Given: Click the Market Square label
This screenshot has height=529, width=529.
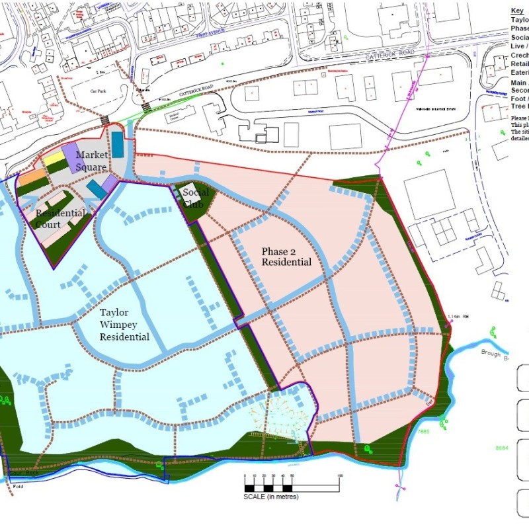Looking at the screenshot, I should [91, 161].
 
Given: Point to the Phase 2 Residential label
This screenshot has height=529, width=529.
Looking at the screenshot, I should [286, 257].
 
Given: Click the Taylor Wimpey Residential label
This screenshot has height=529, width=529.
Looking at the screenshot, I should [124, 323].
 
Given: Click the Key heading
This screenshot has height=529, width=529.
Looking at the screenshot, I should [517, 11].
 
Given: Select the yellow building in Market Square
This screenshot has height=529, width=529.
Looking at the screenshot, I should [54, 159].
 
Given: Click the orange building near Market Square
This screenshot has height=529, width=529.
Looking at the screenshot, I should [31, 177].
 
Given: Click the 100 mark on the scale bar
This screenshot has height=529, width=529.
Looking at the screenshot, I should [340, 476].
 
